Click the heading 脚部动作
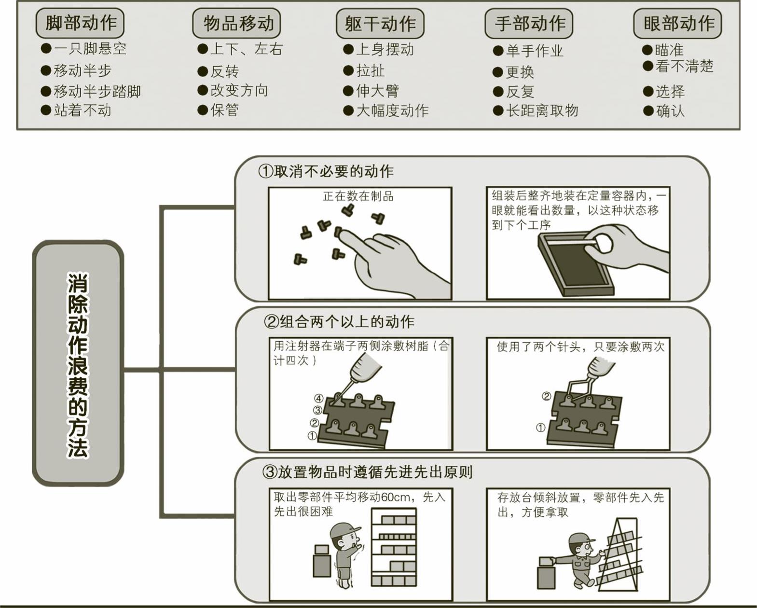click(80, 23)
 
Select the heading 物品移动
click(237, 23)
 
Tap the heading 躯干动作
click(380, 23)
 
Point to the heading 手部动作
click(529, 23)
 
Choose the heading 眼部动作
click(678, 23)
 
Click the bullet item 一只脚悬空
click(90, 49)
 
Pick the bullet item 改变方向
click(238, 91)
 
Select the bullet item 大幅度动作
click(392, 111)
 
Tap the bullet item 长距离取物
click(541, 111)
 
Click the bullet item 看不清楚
click(684, 67)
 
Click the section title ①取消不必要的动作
click(326, 171)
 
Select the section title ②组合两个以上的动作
click(339, 321)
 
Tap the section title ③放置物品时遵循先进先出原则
click(367, 472)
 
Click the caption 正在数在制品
click(358, 196)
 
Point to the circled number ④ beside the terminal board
click(318, 399)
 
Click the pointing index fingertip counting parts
click(343, 235)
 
